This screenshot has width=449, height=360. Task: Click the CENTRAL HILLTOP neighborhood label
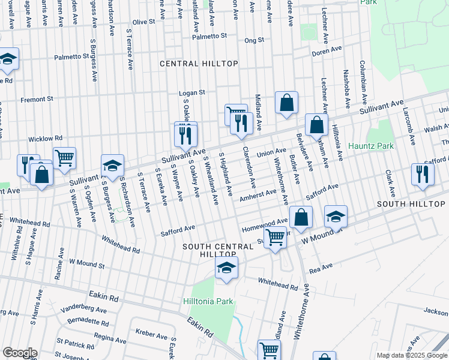[x=199, y=64]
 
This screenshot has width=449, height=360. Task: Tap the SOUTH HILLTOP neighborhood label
[x=411, y=205]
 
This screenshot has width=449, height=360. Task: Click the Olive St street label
[x=143, y=22]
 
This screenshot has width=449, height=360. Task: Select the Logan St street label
[x=193, y=93]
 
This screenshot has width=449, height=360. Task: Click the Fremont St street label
[x=37, y=99]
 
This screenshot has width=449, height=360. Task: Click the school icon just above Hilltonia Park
[x=226, y=269]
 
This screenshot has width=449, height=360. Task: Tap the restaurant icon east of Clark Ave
[x=423, y=174]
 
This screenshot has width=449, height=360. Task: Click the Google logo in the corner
[x=20, y=352]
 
